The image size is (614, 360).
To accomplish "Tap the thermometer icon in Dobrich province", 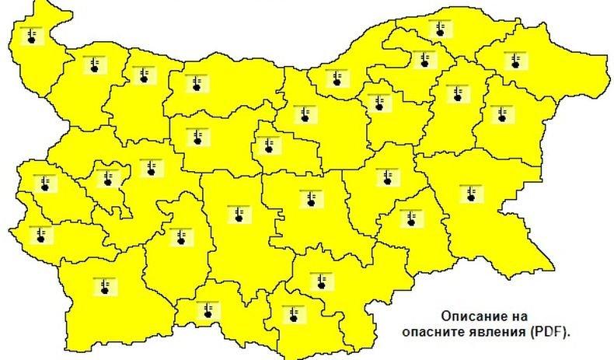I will (512, 59).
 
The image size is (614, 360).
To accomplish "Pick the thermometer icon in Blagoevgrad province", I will (103, 285).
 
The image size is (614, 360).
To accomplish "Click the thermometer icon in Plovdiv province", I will (234, 213).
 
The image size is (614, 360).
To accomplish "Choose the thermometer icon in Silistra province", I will (441, 29).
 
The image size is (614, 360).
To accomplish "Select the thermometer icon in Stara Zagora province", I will (309, 197).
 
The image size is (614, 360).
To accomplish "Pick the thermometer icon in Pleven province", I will (191, 82).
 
